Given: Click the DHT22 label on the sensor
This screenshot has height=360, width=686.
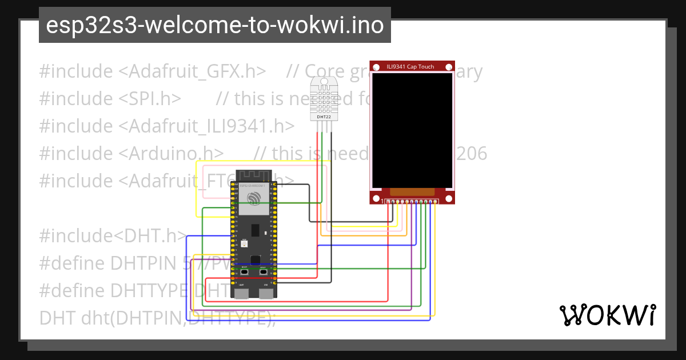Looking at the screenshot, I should click(324, 117).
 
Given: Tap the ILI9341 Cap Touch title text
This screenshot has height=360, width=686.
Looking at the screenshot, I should click(410, 67).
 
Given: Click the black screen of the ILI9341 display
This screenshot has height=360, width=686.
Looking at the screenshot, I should click(412, 130).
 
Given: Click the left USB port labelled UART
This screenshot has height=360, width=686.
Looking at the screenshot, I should click(242, 293).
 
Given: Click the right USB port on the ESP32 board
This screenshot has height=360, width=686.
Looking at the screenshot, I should click(265, 293).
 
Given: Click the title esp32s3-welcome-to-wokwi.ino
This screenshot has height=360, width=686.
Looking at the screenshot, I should click(214, 26).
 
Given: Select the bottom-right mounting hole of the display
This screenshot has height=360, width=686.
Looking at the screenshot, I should click(449, 198).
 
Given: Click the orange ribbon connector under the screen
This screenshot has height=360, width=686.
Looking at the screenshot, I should click(412, 191).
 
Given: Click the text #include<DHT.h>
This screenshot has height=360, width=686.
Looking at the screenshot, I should click(113, 235).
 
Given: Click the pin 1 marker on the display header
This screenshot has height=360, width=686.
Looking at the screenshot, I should click(382, 201).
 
